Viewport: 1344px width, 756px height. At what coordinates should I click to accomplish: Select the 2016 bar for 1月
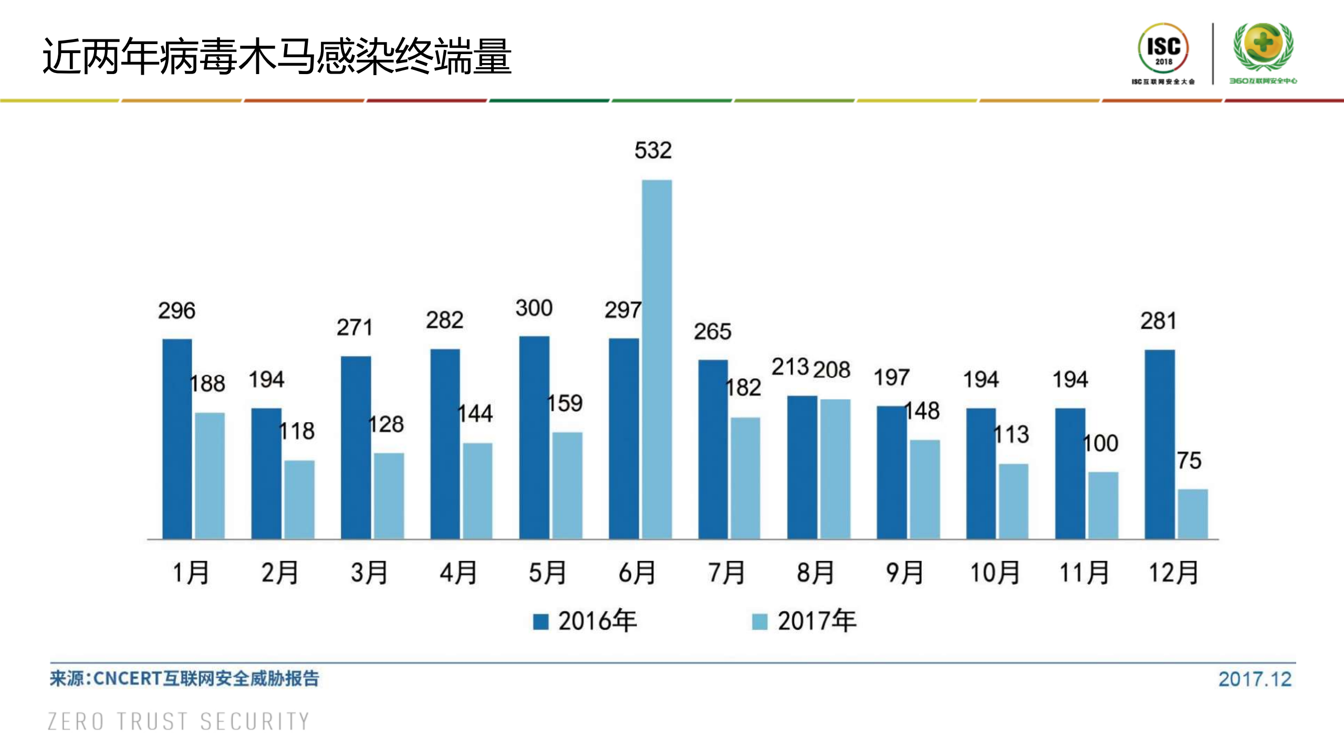177,439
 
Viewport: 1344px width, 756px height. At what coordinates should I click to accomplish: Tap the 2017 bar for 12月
1192,514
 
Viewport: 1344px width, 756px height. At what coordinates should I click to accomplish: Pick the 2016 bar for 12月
1159,444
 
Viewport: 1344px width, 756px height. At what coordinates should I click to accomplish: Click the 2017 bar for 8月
835,469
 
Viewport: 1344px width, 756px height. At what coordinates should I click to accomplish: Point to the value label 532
653,150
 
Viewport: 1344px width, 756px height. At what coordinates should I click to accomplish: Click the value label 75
1189,461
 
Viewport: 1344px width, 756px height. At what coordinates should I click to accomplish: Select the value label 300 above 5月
534,308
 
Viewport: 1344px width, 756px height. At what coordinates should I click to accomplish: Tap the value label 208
831,369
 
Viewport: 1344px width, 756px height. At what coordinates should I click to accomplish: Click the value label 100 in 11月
1101,443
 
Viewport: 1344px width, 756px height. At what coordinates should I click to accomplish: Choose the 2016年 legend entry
585,621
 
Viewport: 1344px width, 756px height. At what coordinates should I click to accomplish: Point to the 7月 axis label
726,573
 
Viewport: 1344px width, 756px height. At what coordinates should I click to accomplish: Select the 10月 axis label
994,573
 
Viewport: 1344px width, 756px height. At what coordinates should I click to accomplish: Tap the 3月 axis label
369,573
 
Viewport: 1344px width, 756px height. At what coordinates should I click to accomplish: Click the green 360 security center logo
1263,47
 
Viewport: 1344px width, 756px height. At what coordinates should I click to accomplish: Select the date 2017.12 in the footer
1254,679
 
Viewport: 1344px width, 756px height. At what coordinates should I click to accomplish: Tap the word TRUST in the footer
152,721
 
